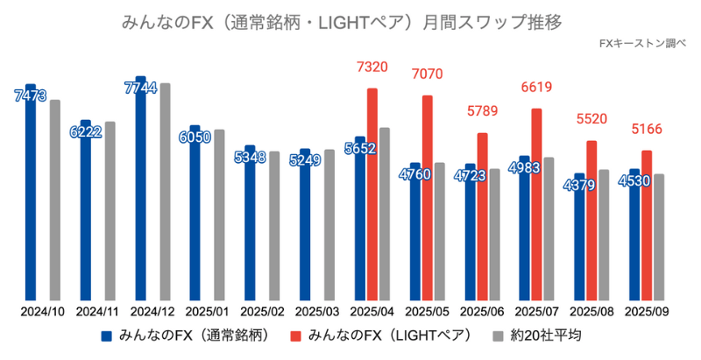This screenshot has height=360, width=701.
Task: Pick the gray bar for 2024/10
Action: [55, 201]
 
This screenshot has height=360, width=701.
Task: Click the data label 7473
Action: [31, 94]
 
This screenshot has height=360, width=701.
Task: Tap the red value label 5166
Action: [648, 130]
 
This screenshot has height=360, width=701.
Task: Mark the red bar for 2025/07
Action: [536, 205]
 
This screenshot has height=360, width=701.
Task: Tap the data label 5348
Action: [250, 158]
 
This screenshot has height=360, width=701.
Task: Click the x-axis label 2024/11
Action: [98, 312]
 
